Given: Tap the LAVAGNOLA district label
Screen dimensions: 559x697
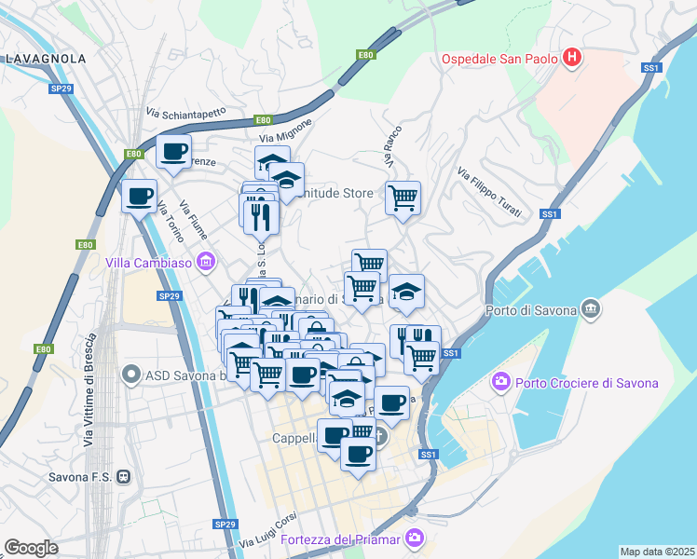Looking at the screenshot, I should pyautogui.click(x=46, y=58).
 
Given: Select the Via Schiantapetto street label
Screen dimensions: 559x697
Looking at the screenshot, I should pyautogui.click(x=185, y=113).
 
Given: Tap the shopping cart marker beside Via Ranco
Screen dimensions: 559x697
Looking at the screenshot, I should pyautogui.click(x=403, y=197).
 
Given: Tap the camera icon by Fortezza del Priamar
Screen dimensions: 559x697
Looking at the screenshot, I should pyautogui.click(x=415, y=539).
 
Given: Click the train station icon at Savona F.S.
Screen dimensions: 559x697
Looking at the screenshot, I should pyautogui.click(x=124, y=476).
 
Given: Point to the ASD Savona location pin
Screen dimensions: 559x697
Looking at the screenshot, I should pyautogui.click(x=131, y=376).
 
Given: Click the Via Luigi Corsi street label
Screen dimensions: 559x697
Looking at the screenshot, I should pyautogui.click(x=267, y=539).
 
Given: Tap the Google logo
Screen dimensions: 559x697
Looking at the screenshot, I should pyautogui.click(x=31, y=547).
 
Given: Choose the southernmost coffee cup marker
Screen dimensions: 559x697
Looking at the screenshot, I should pyautogui.click(x=357, y=454).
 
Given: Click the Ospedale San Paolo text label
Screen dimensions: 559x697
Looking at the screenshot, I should pyautogui.click(x=499, y=60).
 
